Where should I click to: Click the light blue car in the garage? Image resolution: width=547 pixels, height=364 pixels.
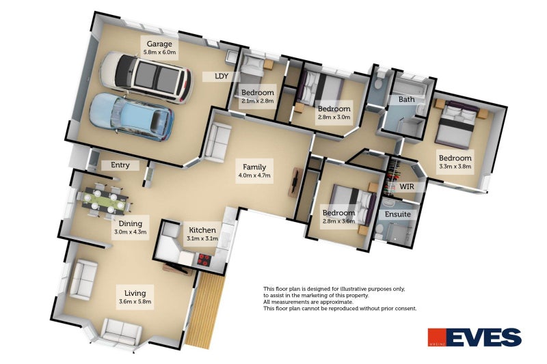tap(131, 116)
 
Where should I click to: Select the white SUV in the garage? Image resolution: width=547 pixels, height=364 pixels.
tap(146, 77)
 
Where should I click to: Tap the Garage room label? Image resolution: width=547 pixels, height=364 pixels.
tap(159, 44)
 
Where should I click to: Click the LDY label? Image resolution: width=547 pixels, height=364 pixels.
tap(222, 76)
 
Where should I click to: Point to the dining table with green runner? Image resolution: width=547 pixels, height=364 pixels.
tap(105, 200)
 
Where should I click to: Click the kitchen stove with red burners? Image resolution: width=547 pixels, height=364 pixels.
tap(204, 260)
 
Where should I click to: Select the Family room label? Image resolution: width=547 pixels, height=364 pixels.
tap(254, 167)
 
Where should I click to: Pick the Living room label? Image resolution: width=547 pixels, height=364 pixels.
tap(135, 293)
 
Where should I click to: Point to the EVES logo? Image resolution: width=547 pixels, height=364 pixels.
tap(475, 337)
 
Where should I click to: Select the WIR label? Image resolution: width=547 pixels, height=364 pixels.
tap(407, 186)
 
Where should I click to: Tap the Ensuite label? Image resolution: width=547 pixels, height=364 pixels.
tap(398, 214)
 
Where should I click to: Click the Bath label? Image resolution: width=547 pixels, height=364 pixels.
tap(406, 99)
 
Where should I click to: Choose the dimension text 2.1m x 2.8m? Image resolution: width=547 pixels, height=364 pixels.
tap(258, 101)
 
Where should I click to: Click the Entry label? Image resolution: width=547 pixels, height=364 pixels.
tap(120, 165)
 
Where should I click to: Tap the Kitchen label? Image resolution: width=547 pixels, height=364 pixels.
tap(202, 230)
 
